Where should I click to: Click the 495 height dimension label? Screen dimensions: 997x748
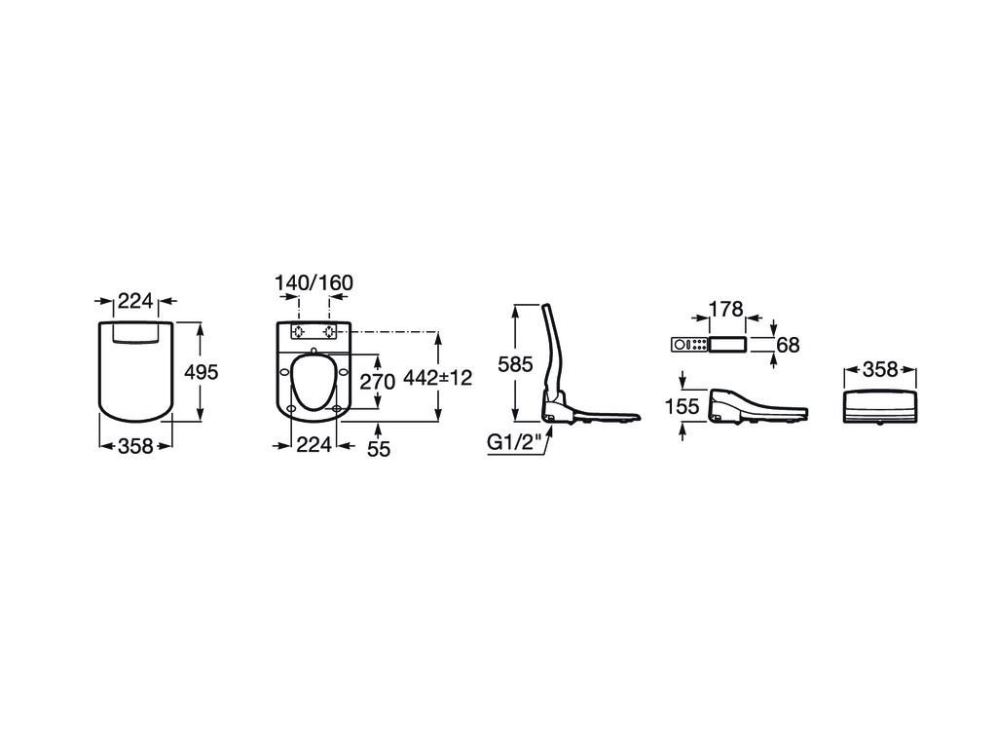pos(201,371)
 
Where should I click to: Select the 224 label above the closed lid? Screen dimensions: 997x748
pos(136,300)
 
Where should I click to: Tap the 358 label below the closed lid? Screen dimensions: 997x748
pos(136,446)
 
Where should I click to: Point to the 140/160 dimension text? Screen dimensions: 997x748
pos(314,282)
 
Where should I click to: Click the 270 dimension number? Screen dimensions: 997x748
pos(378,382)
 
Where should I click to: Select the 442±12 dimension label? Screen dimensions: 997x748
pos(438,378)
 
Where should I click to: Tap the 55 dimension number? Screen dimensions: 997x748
pos(379,449)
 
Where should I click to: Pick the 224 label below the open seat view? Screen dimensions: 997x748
pos(314,444)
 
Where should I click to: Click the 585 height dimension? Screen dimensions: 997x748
pos(515,364)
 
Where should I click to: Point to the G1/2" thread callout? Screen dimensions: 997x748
pos(514,442)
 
